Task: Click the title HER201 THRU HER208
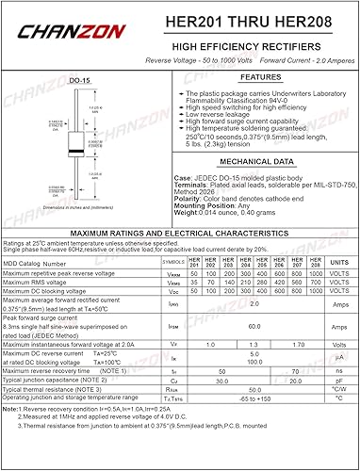[248, 20]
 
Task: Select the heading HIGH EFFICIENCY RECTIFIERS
[249, 44]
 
